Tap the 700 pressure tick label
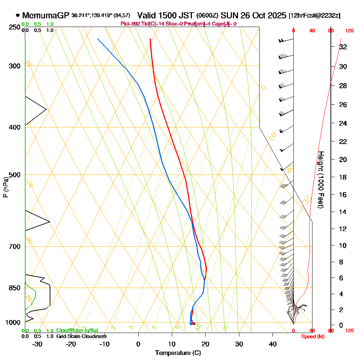15,246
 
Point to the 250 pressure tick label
15,27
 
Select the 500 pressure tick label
15,175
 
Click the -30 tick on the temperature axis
37,344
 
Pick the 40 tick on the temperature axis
273,344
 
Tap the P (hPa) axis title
5,187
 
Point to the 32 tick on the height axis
343,46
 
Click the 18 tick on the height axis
343,177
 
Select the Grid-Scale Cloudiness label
81,336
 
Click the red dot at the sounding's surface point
194,324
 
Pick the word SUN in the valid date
228,15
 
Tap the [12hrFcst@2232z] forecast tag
314,16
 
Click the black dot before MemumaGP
18,15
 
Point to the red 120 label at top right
348,31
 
